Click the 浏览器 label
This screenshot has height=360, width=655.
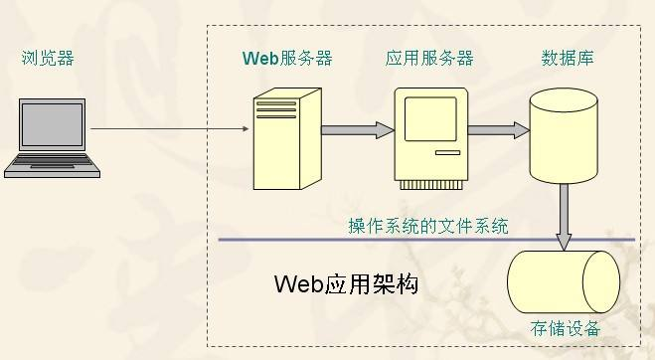[x=48, y=59]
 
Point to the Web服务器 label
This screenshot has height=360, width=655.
[x=287, y=59]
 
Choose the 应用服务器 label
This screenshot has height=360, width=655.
[x=429, y=59]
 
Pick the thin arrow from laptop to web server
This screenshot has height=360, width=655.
[x=169, y=127]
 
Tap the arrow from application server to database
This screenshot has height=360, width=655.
[x=497, y=128]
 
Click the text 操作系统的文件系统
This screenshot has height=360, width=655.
[x=427, y=227]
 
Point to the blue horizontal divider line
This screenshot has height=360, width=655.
[x=378, y=241]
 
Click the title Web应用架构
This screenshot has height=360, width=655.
[x=345, y=284]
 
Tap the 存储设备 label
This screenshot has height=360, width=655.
[x=566, y=328]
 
